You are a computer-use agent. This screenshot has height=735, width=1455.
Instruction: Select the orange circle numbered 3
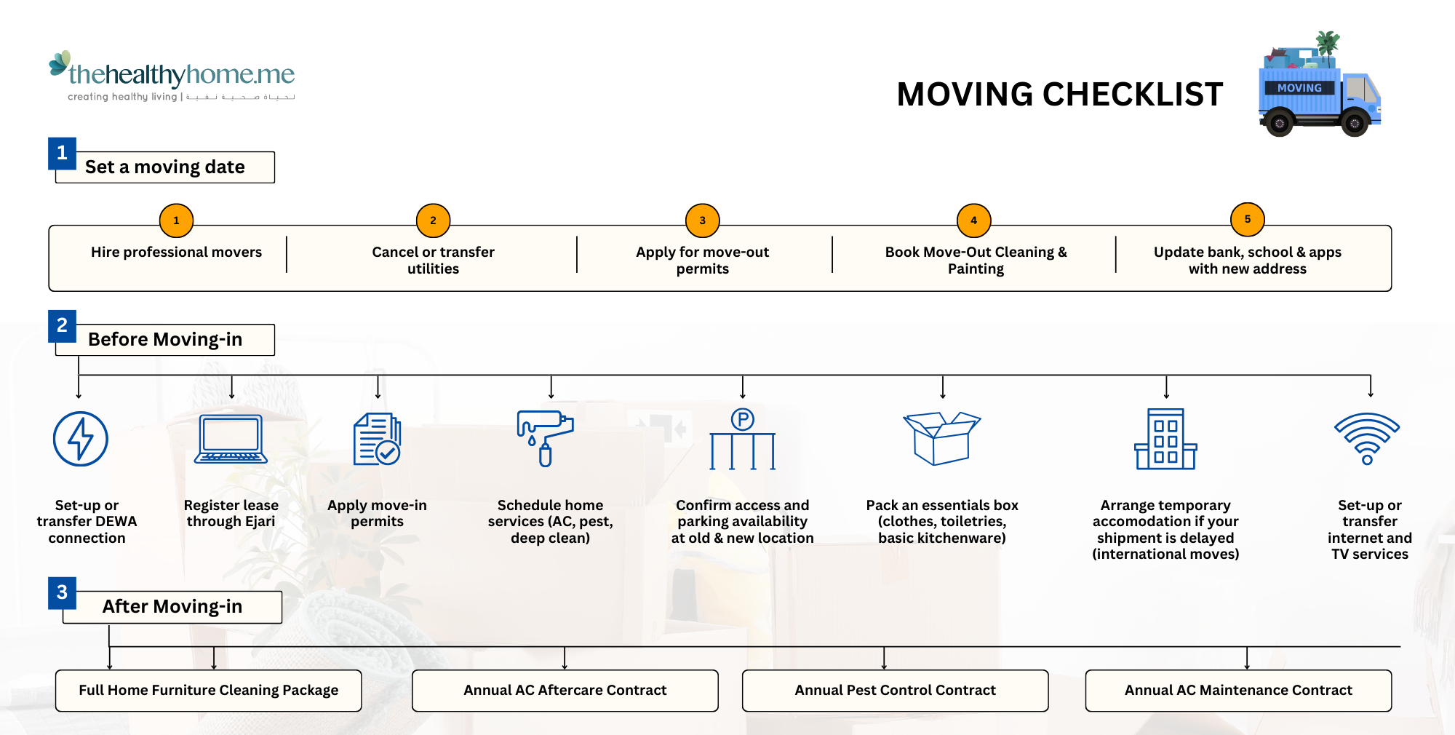(702, 220)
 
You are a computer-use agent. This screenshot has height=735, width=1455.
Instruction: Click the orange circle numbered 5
(1247, 219)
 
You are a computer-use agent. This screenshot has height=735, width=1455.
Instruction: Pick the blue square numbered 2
(62, 325)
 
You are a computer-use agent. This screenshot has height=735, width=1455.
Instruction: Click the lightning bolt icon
(81, 439)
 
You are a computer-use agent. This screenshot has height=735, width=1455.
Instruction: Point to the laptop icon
(231, 439)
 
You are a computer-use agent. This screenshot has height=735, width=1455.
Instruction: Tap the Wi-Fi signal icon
(1367, 438)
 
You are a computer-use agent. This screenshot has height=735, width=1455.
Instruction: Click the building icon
(1165, 439)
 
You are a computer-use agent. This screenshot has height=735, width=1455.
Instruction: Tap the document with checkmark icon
(377, 439)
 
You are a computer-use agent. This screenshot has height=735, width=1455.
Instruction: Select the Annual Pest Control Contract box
(895, 690)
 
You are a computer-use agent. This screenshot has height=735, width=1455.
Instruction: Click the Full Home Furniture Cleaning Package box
(208, 690)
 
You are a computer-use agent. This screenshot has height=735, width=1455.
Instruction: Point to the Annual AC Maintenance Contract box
(1237, 690)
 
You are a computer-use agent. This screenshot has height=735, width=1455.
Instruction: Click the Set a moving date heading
(165, 167)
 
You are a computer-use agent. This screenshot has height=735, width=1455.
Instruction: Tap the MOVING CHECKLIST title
(1059, 95)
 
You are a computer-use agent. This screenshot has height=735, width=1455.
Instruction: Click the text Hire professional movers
(176, 252)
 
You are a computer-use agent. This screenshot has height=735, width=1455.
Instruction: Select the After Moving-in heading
(172, 607)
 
